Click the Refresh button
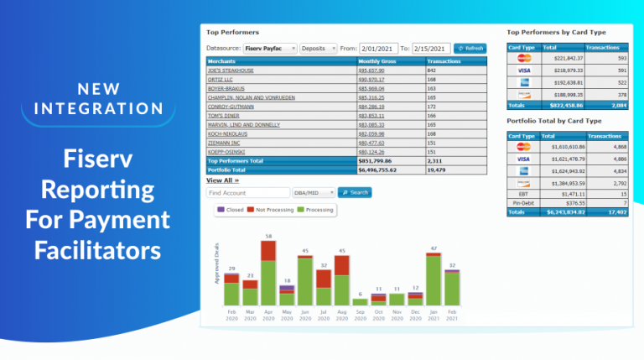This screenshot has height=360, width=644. pyautogui.click(x=470, y=49)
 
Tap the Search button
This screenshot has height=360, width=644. pyautogui.click(x=355, y=192)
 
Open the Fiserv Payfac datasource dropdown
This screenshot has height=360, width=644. pyautogui.click(x=269, y=49)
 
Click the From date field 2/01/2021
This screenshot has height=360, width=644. pyautogui.click(x=379, y=49)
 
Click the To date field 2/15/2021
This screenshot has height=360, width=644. pyautogui.click(x=431, y=49)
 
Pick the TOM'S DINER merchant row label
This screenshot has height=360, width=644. pyautogui.click(x=225, y=117)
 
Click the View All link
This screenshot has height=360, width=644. pyautogui.click(x=223, y=180)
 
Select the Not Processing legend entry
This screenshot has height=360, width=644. pyautogui.click(x=272, y=209)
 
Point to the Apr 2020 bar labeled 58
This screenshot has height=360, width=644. pyautogui.click(x=268, y=273)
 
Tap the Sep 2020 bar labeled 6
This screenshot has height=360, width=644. pyautogui.click(x=360, y=300)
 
